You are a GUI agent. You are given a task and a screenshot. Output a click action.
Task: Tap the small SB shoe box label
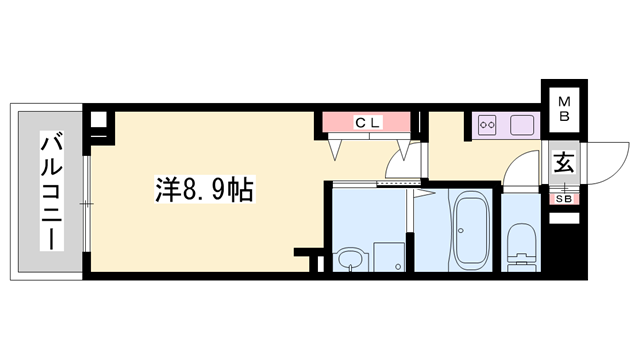(x=564, y=197)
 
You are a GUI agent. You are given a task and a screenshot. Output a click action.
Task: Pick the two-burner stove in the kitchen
(x=490, y=125)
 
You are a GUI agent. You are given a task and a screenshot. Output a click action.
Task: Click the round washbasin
(x=350, y=261)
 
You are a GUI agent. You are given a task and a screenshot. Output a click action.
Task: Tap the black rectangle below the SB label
(x=564, y=217)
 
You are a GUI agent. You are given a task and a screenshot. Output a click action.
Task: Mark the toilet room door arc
(x=518, y=172)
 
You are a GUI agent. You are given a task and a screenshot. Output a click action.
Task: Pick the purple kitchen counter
(x=506, y=125)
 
